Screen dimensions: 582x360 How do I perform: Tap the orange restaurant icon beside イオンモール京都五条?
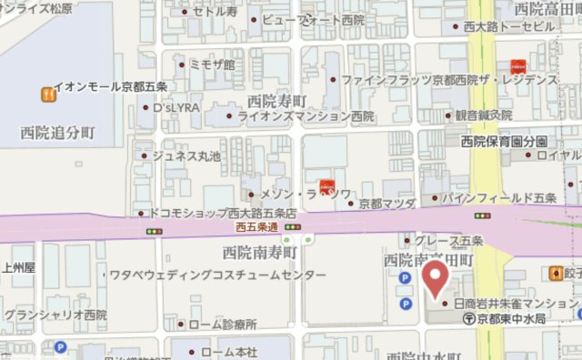[46, 93]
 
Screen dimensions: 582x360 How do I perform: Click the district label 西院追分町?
[57, 134]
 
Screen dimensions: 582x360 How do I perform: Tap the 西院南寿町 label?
[260, 251]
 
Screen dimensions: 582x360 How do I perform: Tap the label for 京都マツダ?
[387, 203]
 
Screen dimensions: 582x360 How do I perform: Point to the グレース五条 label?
[448, 241]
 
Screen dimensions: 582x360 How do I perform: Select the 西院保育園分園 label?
[504, 141]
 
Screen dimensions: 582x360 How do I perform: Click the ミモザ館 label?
[211, 65]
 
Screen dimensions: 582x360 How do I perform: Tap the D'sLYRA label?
[176, 107]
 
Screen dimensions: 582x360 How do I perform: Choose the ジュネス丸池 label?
[186, 156]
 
